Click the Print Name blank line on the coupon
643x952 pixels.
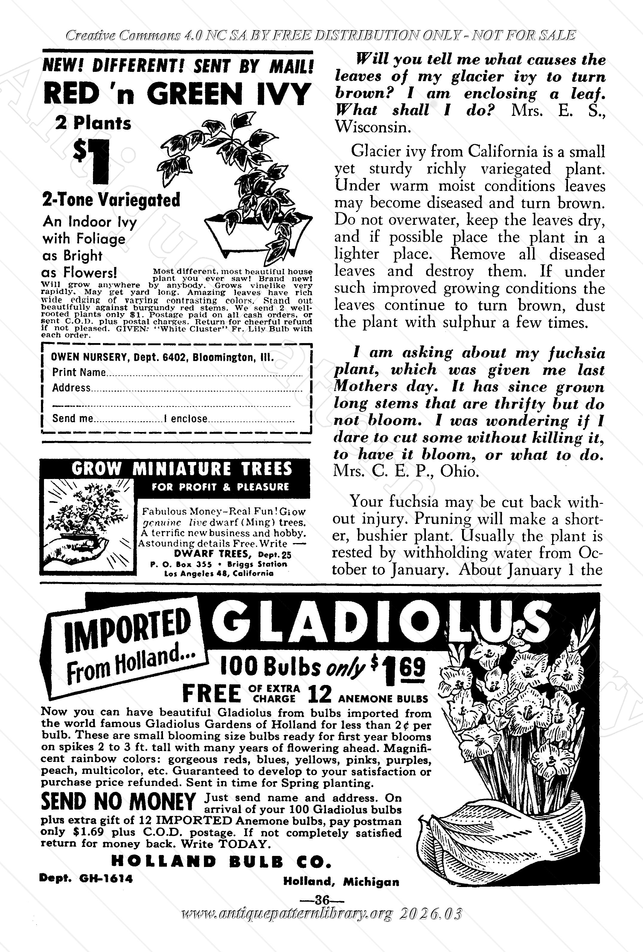point(205,374)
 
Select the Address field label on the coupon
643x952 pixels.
point(71,387)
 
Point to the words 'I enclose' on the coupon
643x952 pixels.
point(185,419)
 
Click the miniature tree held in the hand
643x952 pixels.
point(88,518)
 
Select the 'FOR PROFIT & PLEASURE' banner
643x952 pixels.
point(220,487)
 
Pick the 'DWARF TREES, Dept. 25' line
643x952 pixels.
point(232,554)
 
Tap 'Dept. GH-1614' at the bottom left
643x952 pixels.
point(86,878)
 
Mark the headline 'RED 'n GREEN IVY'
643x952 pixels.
point(176,94)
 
